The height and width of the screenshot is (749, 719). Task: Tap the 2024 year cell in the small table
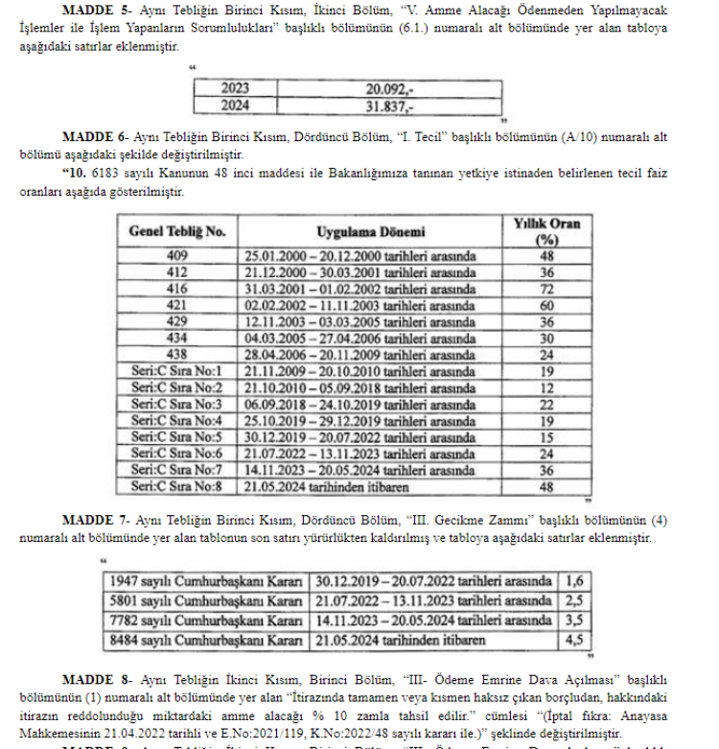coord(236,104)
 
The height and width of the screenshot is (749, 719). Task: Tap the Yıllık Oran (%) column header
coord(548,231)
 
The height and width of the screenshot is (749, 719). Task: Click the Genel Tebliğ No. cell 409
coord(176,256)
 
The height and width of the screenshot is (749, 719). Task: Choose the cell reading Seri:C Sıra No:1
coord(176,371)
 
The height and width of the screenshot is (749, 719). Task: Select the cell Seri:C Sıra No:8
coord(176,485)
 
